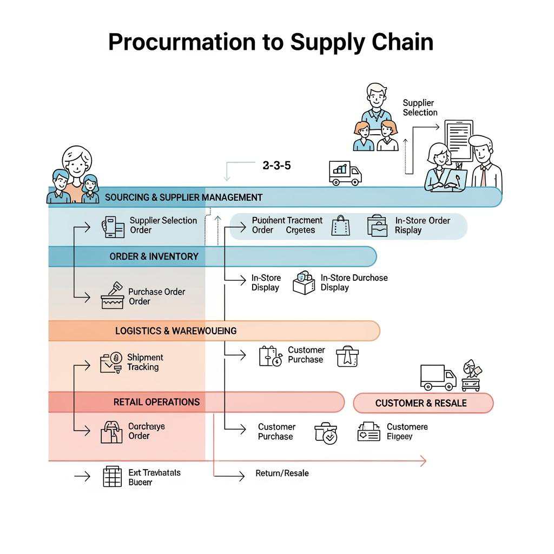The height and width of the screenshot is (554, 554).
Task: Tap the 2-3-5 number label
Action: coord(276,166)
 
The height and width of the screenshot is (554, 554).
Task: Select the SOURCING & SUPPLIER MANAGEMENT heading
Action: coord(183,197)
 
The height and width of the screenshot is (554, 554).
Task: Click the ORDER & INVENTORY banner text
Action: coord(154,256)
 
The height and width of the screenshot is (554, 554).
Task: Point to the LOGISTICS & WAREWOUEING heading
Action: coord(176,331)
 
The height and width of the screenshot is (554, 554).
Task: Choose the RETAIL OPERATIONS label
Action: coord(156,402)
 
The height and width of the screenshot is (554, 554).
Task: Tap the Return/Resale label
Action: coord(282,473)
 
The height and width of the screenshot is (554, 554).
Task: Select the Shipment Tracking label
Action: coord(144,362)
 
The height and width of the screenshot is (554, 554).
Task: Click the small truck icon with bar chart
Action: coord(345,173)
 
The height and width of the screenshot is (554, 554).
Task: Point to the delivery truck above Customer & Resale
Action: coord(438,377)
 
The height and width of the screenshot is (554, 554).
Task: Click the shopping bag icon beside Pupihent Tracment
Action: coord(340,226)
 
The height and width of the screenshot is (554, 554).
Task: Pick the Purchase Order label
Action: coord(156,296)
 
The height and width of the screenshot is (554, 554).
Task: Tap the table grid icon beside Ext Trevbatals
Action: coord(112,477)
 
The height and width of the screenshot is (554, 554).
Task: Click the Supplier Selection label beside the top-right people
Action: coord(420,108)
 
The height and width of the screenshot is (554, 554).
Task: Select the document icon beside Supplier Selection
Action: coord(458,140)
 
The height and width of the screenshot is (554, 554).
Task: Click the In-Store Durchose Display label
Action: coord(354,282)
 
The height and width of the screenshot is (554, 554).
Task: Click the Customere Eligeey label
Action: coord(407,432)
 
